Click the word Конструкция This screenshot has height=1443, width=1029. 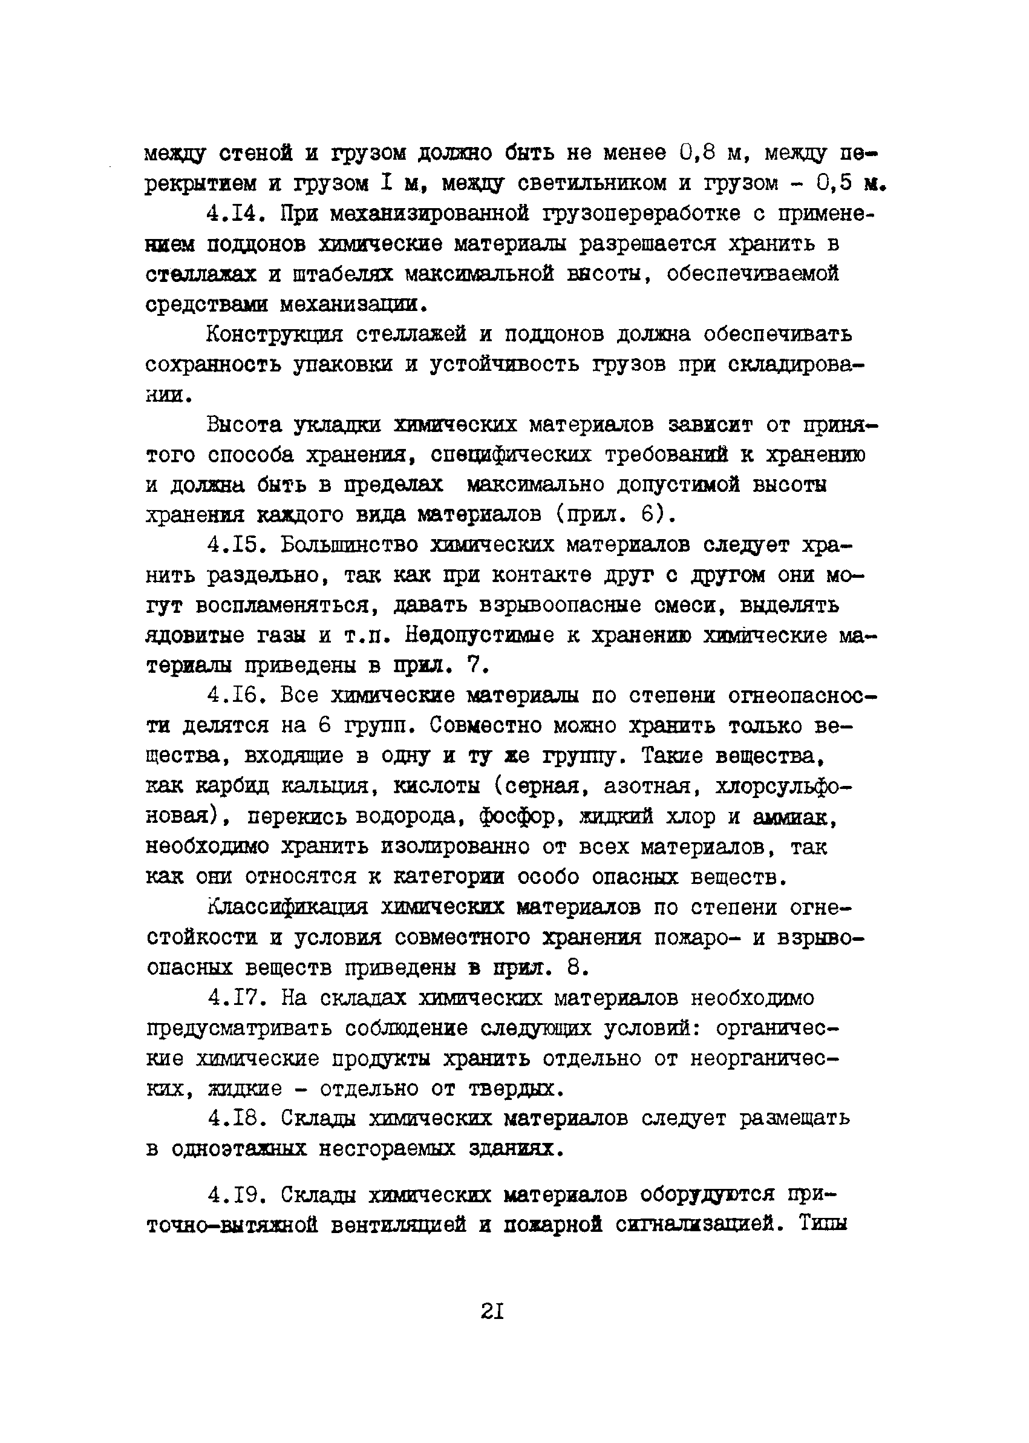275,334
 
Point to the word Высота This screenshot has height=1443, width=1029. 244,425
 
